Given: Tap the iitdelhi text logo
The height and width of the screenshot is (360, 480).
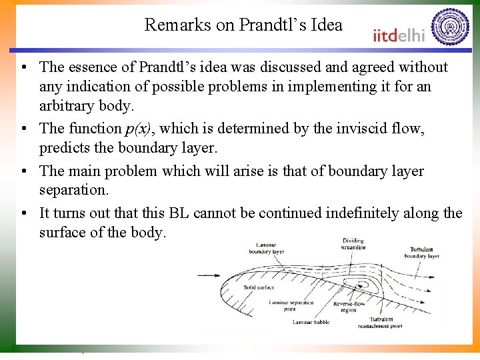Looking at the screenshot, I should [x=398, y=35].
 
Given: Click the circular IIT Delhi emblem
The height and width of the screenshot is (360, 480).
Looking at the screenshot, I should [x=450, y=26].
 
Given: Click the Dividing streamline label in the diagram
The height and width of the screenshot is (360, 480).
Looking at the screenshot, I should [x=353, y=244].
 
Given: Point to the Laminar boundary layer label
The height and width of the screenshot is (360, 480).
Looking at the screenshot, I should [x=267, y=248].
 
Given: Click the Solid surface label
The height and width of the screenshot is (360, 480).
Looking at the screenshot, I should [x=259, y=287].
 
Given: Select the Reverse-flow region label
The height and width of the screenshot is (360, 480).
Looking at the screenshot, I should [x=349, y=307].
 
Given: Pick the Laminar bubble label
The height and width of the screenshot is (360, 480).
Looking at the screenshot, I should [x=311, y=323].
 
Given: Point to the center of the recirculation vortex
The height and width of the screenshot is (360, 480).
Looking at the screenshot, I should [x=364, y=285].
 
